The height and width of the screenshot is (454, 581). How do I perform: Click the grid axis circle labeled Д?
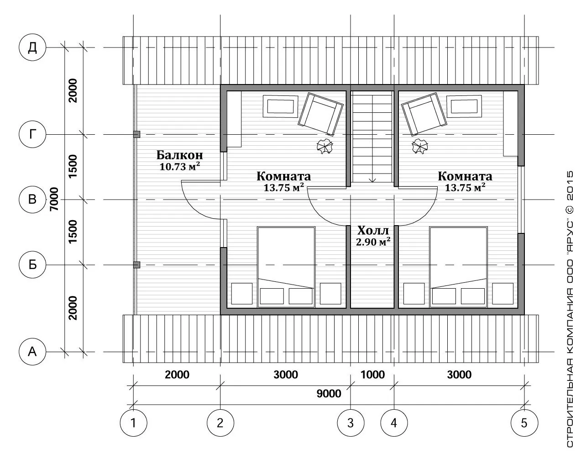click(32, 48)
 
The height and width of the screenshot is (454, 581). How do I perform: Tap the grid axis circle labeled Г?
click(32, 134)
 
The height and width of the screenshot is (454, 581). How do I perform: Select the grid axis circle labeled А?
click(32, 352)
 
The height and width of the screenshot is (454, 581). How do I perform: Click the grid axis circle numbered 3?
click(351, 423)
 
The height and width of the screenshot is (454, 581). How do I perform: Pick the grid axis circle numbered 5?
click(524, 423)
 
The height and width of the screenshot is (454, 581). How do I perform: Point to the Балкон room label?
click(180, 155)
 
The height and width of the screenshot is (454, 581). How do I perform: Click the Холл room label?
click(373, 230)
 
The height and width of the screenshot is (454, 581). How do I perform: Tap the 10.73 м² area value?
click(180, 166)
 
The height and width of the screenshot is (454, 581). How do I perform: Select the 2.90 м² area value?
click(373, 242)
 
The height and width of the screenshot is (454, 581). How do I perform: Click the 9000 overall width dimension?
click(329, 394)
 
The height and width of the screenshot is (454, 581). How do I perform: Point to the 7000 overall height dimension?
click(54, 199)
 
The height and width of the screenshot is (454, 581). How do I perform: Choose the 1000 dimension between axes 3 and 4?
click(373, 375)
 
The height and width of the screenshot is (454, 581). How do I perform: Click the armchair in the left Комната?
click(320, 114)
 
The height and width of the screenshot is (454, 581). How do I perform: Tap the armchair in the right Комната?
click(424, 114)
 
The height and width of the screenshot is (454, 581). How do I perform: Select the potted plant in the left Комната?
click(325, 146)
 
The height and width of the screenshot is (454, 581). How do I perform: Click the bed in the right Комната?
click(459, 267)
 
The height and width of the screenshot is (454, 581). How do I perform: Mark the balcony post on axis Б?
click(136, 265)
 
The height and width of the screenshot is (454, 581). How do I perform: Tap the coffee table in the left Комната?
click(280, 106)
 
